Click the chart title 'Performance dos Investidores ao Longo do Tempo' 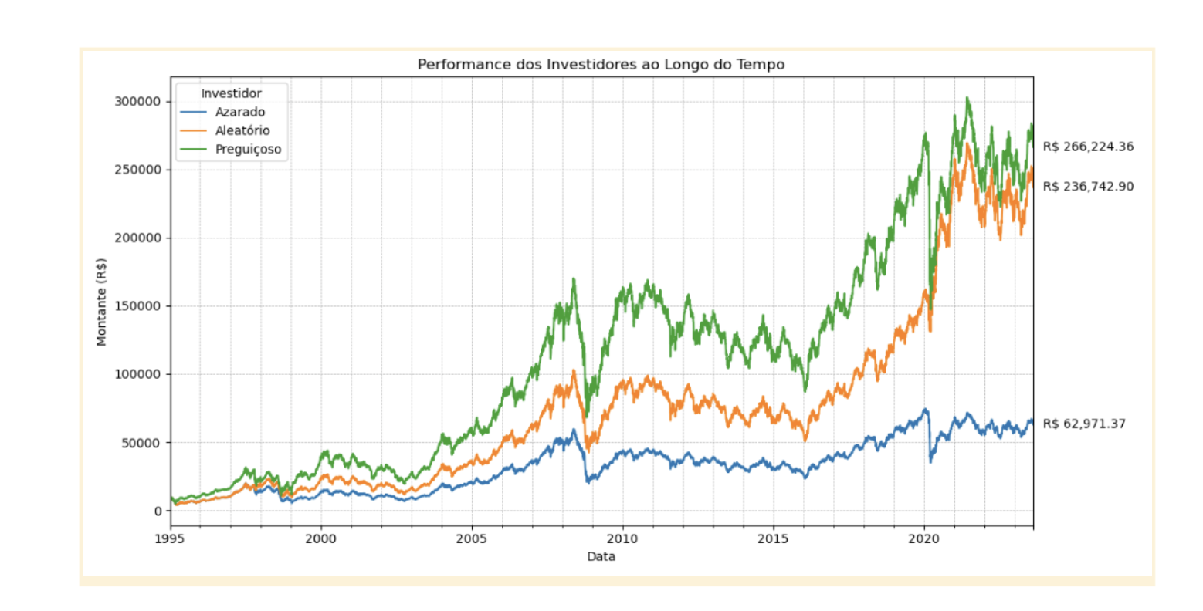click(601, 65)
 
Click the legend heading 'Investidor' click(231, 93)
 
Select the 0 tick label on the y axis click(157, 511)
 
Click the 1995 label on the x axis click(170, 538)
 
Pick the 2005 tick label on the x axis click(471, 538)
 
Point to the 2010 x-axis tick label click(622, 538)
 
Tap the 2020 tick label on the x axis click(923, 538)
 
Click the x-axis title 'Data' click(601, 556)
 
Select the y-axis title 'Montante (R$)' click(101, 302)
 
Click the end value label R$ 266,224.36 click(1088, 147)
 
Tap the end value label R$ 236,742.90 click(1088, 187)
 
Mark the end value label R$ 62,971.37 click(1084, 424)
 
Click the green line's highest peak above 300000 click(967, 99)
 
